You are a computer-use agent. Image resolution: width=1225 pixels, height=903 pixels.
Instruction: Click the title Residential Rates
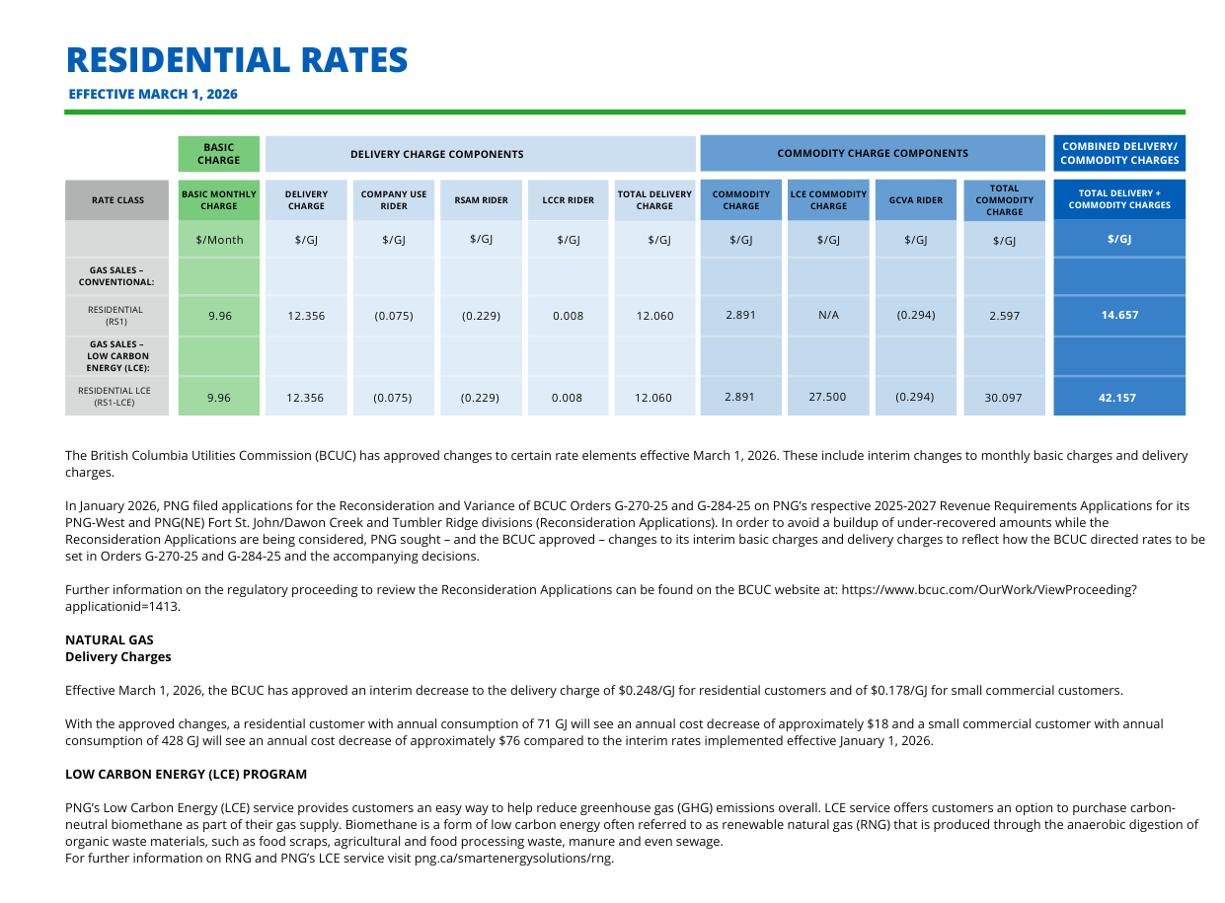[237, 60]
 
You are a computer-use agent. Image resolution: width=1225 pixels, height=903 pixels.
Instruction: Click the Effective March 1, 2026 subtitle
[153, 95]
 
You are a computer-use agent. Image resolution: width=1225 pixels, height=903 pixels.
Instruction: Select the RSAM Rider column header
[481, 200]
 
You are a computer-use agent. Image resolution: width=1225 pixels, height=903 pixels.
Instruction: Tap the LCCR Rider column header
[568, 200]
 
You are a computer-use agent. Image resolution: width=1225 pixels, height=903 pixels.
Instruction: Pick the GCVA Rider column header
[915, 200]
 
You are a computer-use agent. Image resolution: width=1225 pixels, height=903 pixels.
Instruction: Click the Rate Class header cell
[117, 200]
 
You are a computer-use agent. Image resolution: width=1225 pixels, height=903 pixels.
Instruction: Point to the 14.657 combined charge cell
[1119, 316]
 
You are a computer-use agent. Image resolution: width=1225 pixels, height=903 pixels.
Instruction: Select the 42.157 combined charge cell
[1119, 398]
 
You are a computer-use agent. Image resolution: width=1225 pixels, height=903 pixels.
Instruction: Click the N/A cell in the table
[828, 316]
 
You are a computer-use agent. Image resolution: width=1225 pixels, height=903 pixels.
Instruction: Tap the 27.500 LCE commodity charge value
[827, 397]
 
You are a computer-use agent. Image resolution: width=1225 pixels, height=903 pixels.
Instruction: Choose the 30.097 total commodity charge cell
[1003, 398]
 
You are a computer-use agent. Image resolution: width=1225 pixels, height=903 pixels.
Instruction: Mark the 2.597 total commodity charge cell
[1003, 316]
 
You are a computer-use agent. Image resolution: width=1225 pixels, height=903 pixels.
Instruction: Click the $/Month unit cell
[219, 240]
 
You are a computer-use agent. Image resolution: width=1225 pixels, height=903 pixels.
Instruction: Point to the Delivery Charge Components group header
[436, 154]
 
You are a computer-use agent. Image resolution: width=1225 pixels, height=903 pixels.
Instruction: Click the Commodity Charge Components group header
[873, 153]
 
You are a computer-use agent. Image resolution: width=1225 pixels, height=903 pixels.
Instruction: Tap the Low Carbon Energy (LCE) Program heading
[186, 775]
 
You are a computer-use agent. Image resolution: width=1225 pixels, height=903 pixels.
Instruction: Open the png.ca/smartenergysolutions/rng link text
[513, 859]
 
